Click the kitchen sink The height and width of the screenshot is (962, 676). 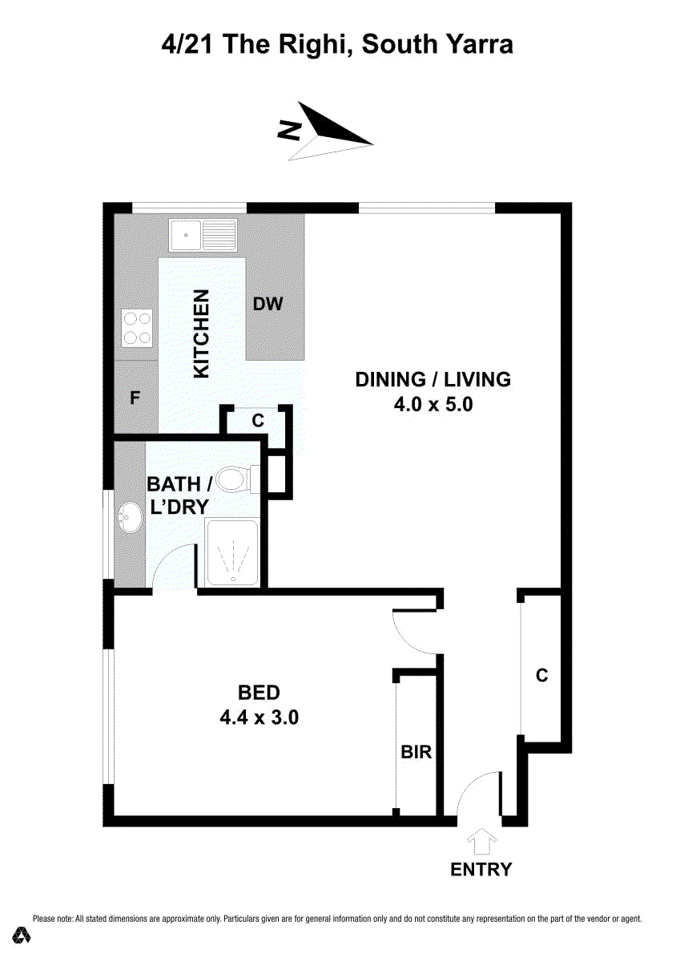(x=203, y=235)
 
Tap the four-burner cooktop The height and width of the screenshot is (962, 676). (x=137, y=328)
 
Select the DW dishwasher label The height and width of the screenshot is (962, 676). (x=268, y=304)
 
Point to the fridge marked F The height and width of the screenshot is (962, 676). (x=135, y=398)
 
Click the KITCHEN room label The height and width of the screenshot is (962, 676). (x=201, y=333)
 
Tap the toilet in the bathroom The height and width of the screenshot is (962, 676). (x=238, y=479)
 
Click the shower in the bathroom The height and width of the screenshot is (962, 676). (x=232, y=553)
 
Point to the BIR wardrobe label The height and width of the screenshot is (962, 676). (x=416, y=752)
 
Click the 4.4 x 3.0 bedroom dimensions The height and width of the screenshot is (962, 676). (x=259, y=717)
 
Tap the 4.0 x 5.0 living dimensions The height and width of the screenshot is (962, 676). (x=433, y=405)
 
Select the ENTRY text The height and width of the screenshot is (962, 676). (x=481, y=869)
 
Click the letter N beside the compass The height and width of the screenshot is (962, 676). (x=289, y=130)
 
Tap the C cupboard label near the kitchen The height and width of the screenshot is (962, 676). (x=258, y=420)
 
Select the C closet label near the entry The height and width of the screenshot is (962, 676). (x=541, y=675)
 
